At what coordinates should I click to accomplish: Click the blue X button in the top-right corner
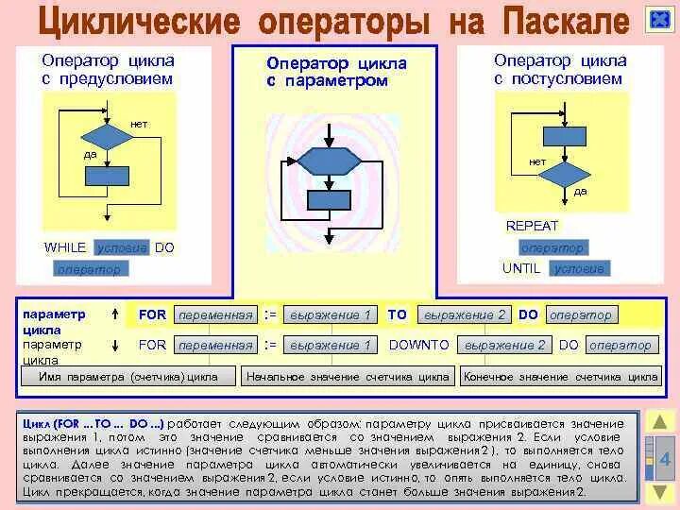658,20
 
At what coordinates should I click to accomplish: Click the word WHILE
65,247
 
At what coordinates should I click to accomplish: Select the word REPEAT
532,227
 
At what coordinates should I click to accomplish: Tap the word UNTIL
521,268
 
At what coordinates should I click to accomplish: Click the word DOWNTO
419,345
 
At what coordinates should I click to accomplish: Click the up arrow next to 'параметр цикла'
114,314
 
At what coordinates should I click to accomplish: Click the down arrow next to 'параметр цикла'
114,345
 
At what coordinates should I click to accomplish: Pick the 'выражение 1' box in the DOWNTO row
331,346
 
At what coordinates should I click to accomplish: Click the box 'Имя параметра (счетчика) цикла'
128,377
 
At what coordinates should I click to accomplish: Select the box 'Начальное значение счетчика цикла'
348,377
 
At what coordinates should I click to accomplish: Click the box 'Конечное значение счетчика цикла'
560,377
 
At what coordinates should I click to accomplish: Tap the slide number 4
664,460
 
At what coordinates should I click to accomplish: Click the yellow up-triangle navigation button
661,422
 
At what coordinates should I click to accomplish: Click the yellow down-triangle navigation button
660,493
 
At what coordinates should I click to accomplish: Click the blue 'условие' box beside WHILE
122,247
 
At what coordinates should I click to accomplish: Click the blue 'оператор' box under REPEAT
552,247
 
